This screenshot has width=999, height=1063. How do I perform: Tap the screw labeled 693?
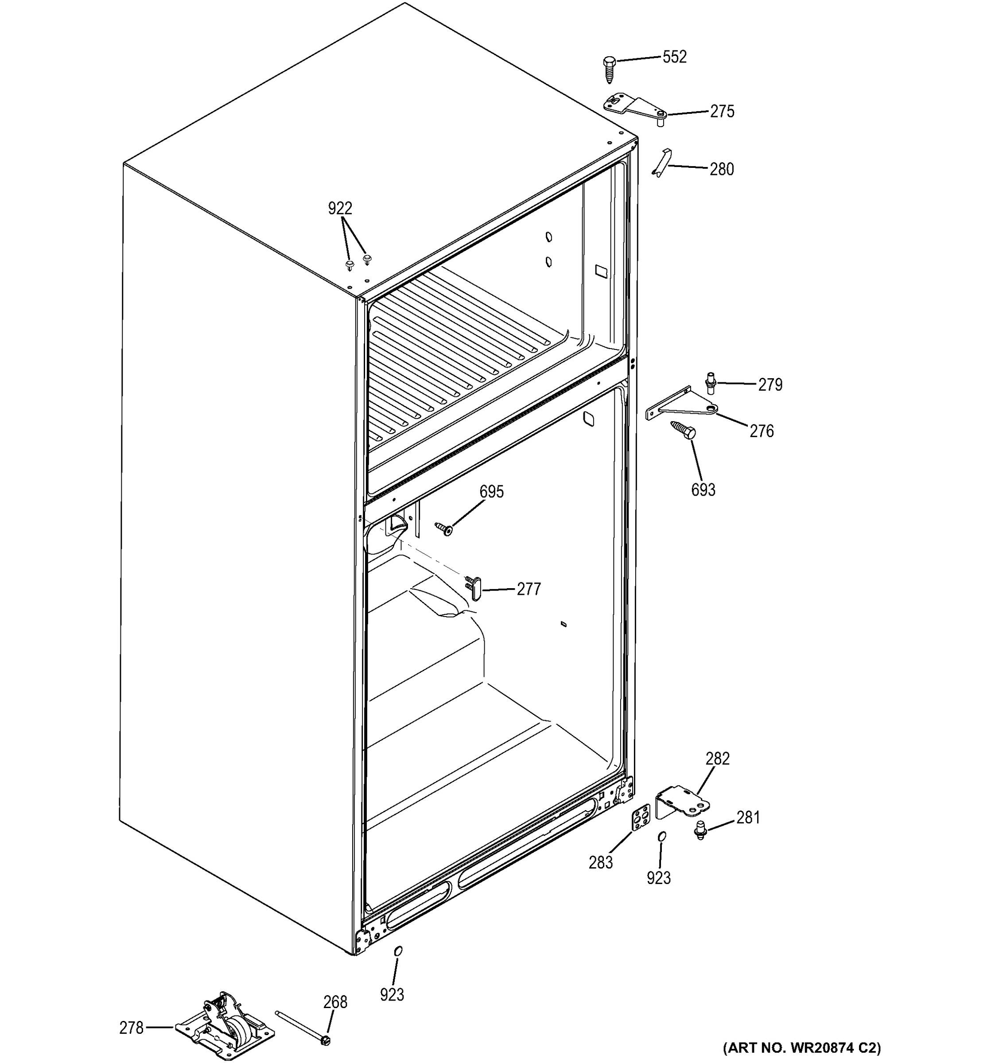point(684,429)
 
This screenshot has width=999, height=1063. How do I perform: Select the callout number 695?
point(491,491)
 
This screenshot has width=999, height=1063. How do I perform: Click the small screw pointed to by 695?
point(444,528)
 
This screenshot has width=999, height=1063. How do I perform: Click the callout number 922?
point(340,208)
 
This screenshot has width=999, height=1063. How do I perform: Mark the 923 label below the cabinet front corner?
point(392,994)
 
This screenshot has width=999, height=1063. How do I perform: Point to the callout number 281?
point(748,817)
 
